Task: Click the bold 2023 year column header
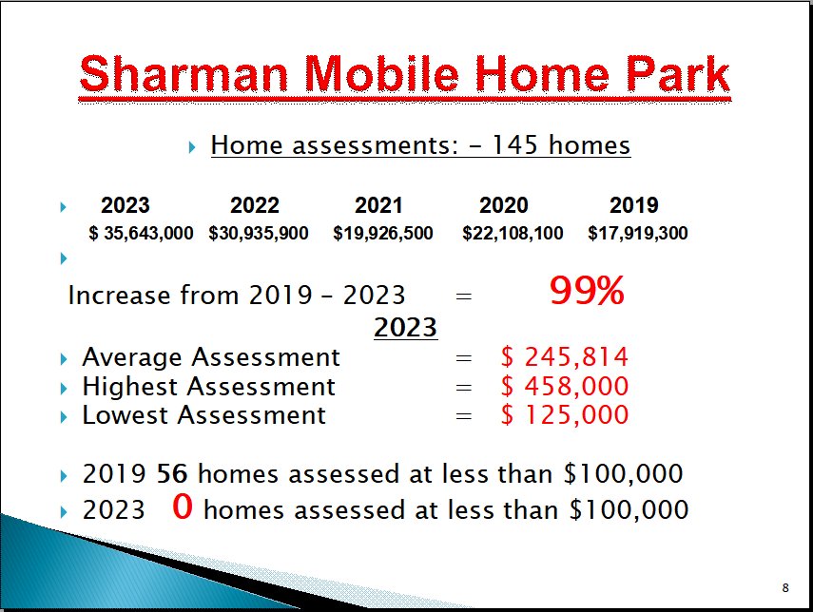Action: pos(125,205)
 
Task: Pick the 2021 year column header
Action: pos(378,205)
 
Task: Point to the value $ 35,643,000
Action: pos(141,233)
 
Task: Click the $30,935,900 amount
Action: pos(259,233)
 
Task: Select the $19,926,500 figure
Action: pos(382,233)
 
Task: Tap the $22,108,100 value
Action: pos(513,233)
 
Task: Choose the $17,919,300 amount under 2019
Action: pos(638,233)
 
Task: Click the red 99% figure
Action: pos(587,291)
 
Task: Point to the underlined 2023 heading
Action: pos(405,327)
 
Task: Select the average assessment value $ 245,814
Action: pos(565,357)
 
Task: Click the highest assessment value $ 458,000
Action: pos(565,386)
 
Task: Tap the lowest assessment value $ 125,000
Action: pos(565,415)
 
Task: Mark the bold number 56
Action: pos(172,473)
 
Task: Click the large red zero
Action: pos(183,507)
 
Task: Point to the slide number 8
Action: pos(785,587)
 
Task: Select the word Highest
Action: pos(130,387)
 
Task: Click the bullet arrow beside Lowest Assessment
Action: pos(64,417)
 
